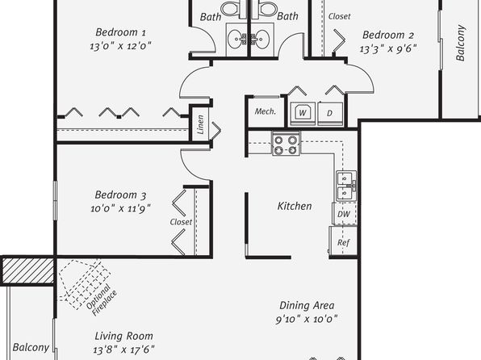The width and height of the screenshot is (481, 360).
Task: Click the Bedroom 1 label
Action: [x=120, y=32]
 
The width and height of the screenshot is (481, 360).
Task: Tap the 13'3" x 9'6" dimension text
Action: [x=388, y=48]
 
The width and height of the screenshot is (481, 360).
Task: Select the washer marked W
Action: [x=303, y=113]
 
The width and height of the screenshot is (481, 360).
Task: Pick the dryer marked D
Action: [x=330, y=113]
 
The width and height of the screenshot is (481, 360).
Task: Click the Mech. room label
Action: [x=266, y=111]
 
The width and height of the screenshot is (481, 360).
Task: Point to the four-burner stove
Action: [x=286, y=144]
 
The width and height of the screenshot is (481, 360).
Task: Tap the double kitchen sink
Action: [x=346, y=186]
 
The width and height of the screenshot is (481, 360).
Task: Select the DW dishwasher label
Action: [x=344, y=214]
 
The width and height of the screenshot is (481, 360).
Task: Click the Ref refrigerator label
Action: [x=343, y=242]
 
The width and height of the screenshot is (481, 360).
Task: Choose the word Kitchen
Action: [x=295, y=206]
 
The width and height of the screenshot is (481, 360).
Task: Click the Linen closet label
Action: [x=200, y=124]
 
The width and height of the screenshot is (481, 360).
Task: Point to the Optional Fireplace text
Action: [x=102, y=299]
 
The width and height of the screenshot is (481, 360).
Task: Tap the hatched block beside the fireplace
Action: [x=28, y=270]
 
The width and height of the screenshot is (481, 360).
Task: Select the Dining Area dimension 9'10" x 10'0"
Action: [x=307, y=319]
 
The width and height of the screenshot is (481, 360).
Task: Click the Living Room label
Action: [x=123, y=336]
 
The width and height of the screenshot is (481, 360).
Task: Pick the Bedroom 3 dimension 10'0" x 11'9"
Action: [x=120, y=209]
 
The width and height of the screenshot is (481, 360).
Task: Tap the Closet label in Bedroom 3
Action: [x=181, y=222]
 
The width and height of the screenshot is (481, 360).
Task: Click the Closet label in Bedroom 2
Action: [x=339, y=16]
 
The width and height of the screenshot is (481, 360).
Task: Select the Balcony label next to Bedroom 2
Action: [x=461, y=43]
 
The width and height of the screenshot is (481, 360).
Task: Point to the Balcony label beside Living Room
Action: [x=31, y=347]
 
